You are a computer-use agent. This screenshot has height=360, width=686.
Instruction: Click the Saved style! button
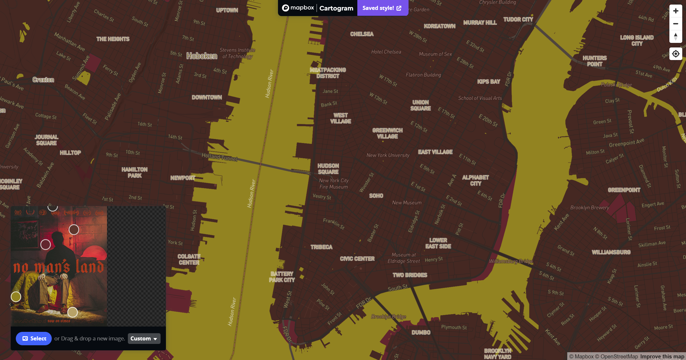[x=382, y=8]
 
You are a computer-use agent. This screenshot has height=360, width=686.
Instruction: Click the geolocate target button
[x=676, y=54]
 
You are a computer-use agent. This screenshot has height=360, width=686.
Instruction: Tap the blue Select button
[x=34, y=339]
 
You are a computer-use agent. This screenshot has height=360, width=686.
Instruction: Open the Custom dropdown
[x=144, y=339]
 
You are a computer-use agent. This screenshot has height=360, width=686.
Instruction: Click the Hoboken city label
[x=202, y=56]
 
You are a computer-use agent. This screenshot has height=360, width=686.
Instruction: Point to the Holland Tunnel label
[x=220, y=157]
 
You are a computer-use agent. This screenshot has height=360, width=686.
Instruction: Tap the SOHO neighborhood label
[x=376, y=196]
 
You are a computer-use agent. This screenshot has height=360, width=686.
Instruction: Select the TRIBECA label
[x=321, y=247]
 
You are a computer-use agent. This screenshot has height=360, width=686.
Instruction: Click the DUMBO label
[x=421, y=333]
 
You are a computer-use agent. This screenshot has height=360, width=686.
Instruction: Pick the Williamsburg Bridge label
[x=511, y=261]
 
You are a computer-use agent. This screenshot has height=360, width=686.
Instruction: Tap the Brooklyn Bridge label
[x=388, y=317]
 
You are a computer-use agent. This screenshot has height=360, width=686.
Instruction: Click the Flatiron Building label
[x=423, y=75]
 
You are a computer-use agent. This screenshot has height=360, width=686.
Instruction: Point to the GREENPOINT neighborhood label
[x=624, y=190]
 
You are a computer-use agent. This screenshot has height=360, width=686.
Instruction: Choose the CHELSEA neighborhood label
[x=362, y=34]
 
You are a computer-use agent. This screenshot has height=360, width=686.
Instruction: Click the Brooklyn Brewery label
[x=589, y=208]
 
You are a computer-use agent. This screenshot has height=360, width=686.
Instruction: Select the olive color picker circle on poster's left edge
[x=16, y=297]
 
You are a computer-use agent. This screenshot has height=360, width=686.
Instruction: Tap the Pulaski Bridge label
[x=616, y=85]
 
